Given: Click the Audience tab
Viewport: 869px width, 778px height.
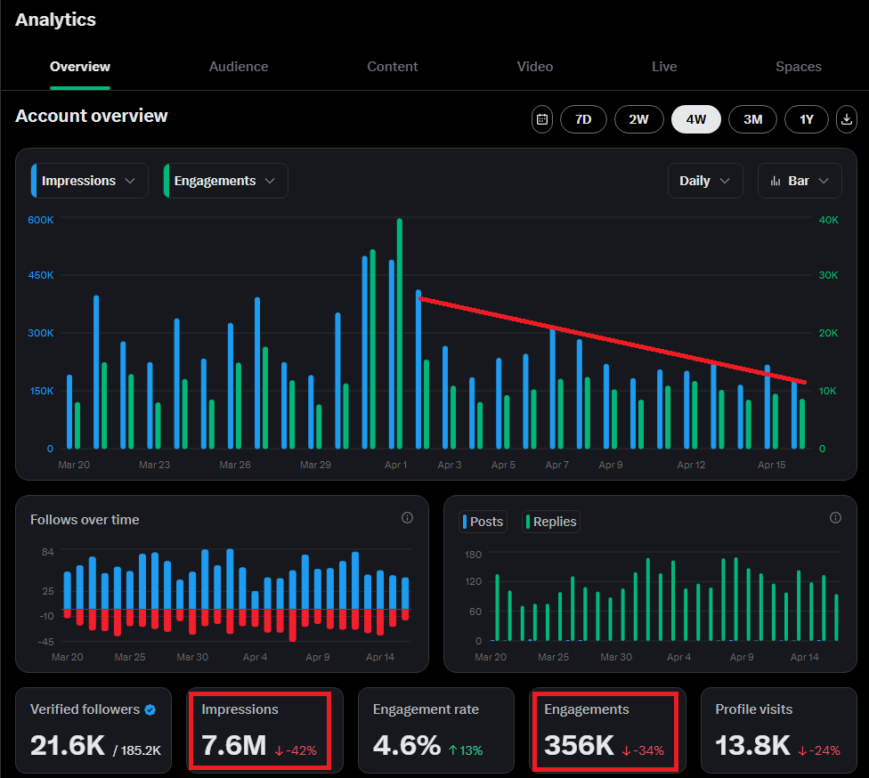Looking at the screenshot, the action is click(239, 67).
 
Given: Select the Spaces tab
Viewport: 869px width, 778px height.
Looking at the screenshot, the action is click(798, 67).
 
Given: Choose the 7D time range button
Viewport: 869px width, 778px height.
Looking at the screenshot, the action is click(583, 119).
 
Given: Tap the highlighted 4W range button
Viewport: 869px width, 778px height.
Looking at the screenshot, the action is click(695, 119).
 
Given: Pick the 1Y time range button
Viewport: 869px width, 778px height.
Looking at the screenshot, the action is click(807, 119).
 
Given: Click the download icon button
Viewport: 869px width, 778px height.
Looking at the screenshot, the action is click(846, 119).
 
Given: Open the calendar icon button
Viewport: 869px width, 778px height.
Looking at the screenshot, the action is click(542, 119).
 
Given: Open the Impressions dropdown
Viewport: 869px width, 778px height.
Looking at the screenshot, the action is click(90, 181).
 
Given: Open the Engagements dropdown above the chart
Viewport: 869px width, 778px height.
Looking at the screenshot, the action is click(225, 181).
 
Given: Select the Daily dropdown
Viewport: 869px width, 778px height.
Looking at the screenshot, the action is click(705, 181).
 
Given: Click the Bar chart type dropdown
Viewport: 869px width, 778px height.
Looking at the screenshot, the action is click(800, 181).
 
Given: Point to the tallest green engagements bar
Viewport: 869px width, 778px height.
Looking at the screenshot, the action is click(400, 333).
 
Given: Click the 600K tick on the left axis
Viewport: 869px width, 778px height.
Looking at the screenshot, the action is click(40, 220).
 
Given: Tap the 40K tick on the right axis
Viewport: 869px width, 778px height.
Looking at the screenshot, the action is click(829, 220).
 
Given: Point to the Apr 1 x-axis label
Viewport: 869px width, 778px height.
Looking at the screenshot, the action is click(395, 465).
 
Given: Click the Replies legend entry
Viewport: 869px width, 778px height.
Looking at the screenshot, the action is click(551, 522).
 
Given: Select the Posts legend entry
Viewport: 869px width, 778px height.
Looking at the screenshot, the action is click(483, 522).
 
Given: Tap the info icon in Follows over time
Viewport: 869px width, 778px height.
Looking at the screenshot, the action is click(408, 517).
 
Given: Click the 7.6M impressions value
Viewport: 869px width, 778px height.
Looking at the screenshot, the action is click(234, 745).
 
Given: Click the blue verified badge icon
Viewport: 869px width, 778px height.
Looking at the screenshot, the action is click(150, 709).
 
